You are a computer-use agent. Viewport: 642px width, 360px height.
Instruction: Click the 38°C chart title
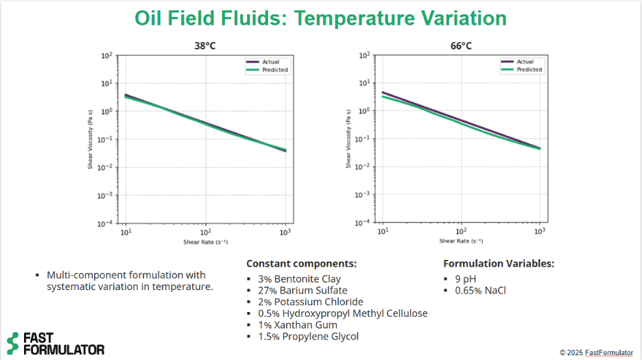coord(204,46)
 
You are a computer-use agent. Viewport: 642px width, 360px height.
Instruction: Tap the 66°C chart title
coord(461,46)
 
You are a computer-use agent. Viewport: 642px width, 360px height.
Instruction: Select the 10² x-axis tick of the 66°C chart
coord(461,231)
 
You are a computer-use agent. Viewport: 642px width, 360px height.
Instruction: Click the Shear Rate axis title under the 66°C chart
coord(461,241)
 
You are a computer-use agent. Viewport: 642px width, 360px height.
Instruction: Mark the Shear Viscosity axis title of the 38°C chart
coord(90,139)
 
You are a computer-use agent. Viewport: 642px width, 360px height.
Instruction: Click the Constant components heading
coord(301,263)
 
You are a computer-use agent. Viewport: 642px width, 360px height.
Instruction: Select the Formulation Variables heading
coord(499,263)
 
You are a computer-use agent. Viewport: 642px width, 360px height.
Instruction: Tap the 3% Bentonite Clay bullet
coord(299,279)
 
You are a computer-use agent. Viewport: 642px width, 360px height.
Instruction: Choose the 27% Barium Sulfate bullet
coord(302,291)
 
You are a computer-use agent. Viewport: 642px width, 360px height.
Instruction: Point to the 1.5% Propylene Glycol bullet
coord(308,336)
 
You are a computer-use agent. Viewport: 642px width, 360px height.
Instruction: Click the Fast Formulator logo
coord(55,343)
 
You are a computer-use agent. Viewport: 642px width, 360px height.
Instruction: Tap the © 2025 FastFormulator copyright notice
coord(596,352)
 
